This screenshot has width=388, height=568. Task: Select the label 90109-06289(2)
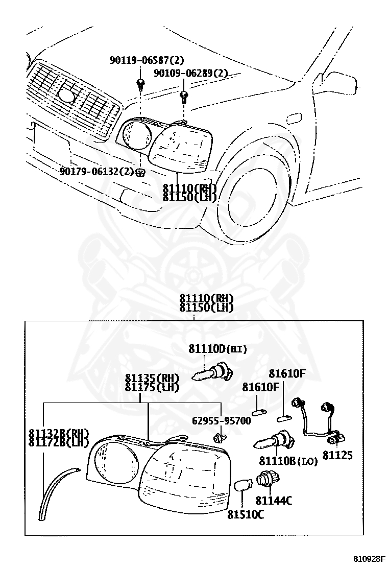pyautogui.click(x=190, y=74)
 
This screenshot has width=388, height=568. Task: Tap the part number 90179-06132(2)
pyautogui.click(x=96, y=172)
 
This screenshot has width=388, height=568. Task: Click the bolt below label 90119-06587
pyautogui.click(x=139, y=83)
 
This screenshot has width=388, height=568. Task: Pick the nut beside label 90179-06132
pyautogui.click(x=141, y=172)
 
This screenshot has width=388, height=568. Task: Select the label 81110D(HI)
pyautogui.click(x=217, y=349)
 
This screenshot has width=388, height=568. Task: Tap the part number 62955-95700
pyautogui.click(x=222, y=421)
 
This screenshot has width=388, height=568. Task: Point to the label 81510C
pyautogui.click(x=246, y=514)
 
